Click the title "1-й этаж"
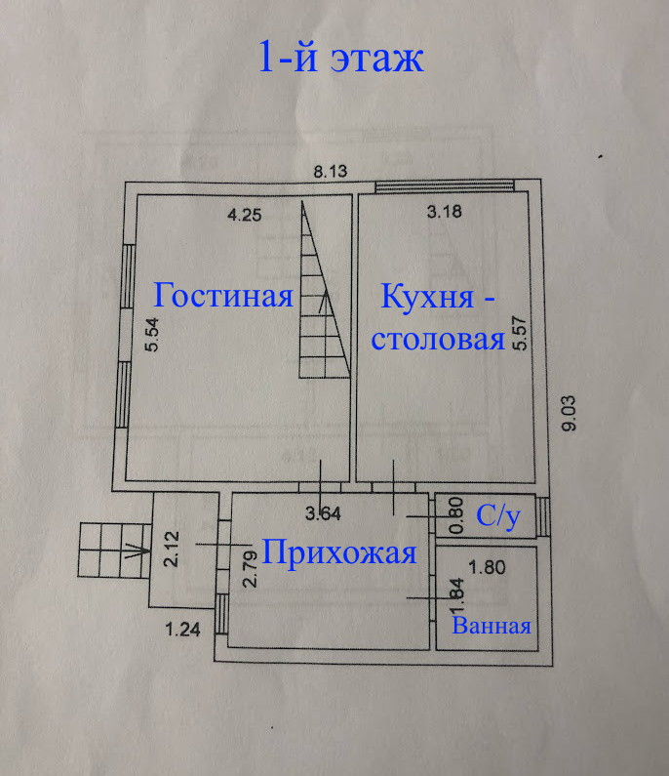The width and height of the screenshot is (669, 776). point(340,58)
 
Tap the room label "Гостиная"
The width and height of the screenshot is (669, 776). point(223,295)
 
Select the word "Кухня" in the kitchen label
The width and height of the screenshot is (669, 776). point(427,297)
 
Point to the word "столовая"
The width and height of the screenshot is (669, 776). point(438,339)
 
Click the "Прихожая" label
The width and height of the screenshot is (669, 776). point(339,553)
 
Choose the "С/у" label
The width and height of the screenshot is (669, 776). point(498,517)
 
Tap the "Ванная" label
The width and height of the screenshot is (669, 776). point(492,626)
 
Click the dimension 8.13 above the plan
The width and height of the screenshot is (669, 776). point(331,171)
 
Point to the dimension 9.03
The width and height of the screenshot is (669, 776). point(570,413)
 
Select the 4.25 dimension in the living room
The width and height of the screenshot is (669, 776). point(244,215)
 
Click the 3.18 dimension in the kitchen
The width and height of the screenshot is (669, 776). point(444,211)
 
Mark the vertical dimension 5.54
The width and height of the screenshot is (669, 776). point(152,334)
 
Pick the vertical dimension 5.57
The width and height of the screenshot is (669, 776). point(521,333)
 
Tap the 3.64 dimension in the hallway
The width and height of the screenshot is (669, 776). point(323,513)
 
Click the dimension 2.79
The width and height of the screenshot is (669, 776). point(251,569)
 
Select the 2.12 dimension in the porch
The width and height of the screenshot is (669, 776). point(171,549)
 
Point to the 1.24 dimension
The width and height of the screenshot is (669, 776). point(182,630)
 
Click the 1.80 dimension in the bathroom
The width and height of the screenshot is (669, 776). point(487,567)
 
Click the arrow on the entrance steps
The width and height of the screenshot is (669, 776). point(135,550)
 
